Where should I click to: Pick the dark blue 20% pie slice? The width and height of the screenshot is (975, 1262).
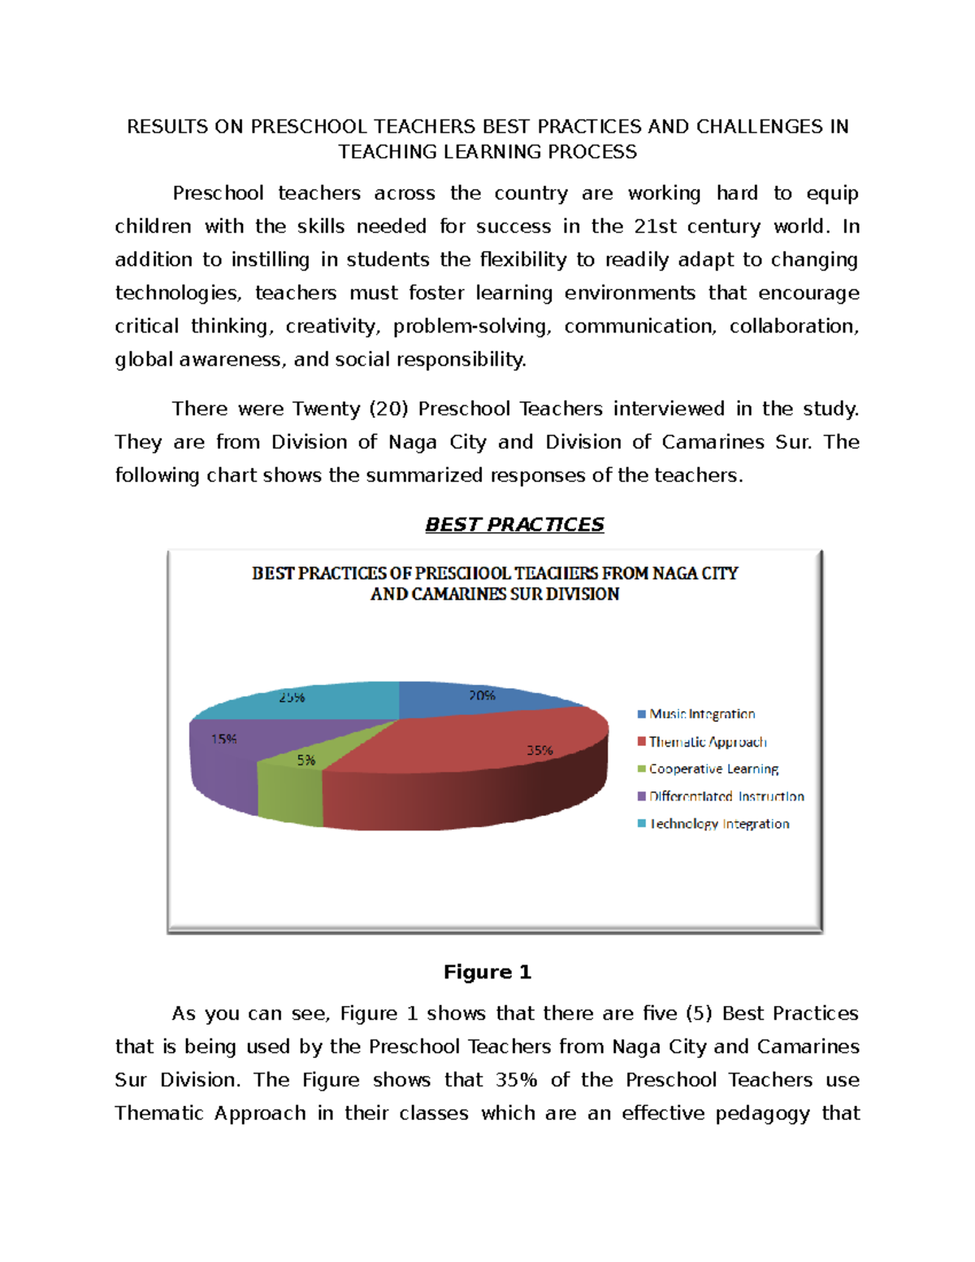(463, 700)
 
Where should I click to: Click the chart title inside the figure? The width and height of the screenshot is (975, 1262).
(495, 583)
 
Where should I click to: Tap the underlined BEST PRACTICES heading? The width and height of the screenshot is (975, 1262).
(514, 525)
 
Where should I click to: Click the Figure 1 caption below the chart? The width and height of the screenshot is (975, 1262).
(487, 972)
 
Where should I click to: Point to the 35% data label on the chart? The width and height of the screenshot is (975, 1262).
(539, 751)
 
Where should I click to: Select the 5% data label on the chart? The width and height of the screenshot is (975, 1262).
(306, 761)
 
